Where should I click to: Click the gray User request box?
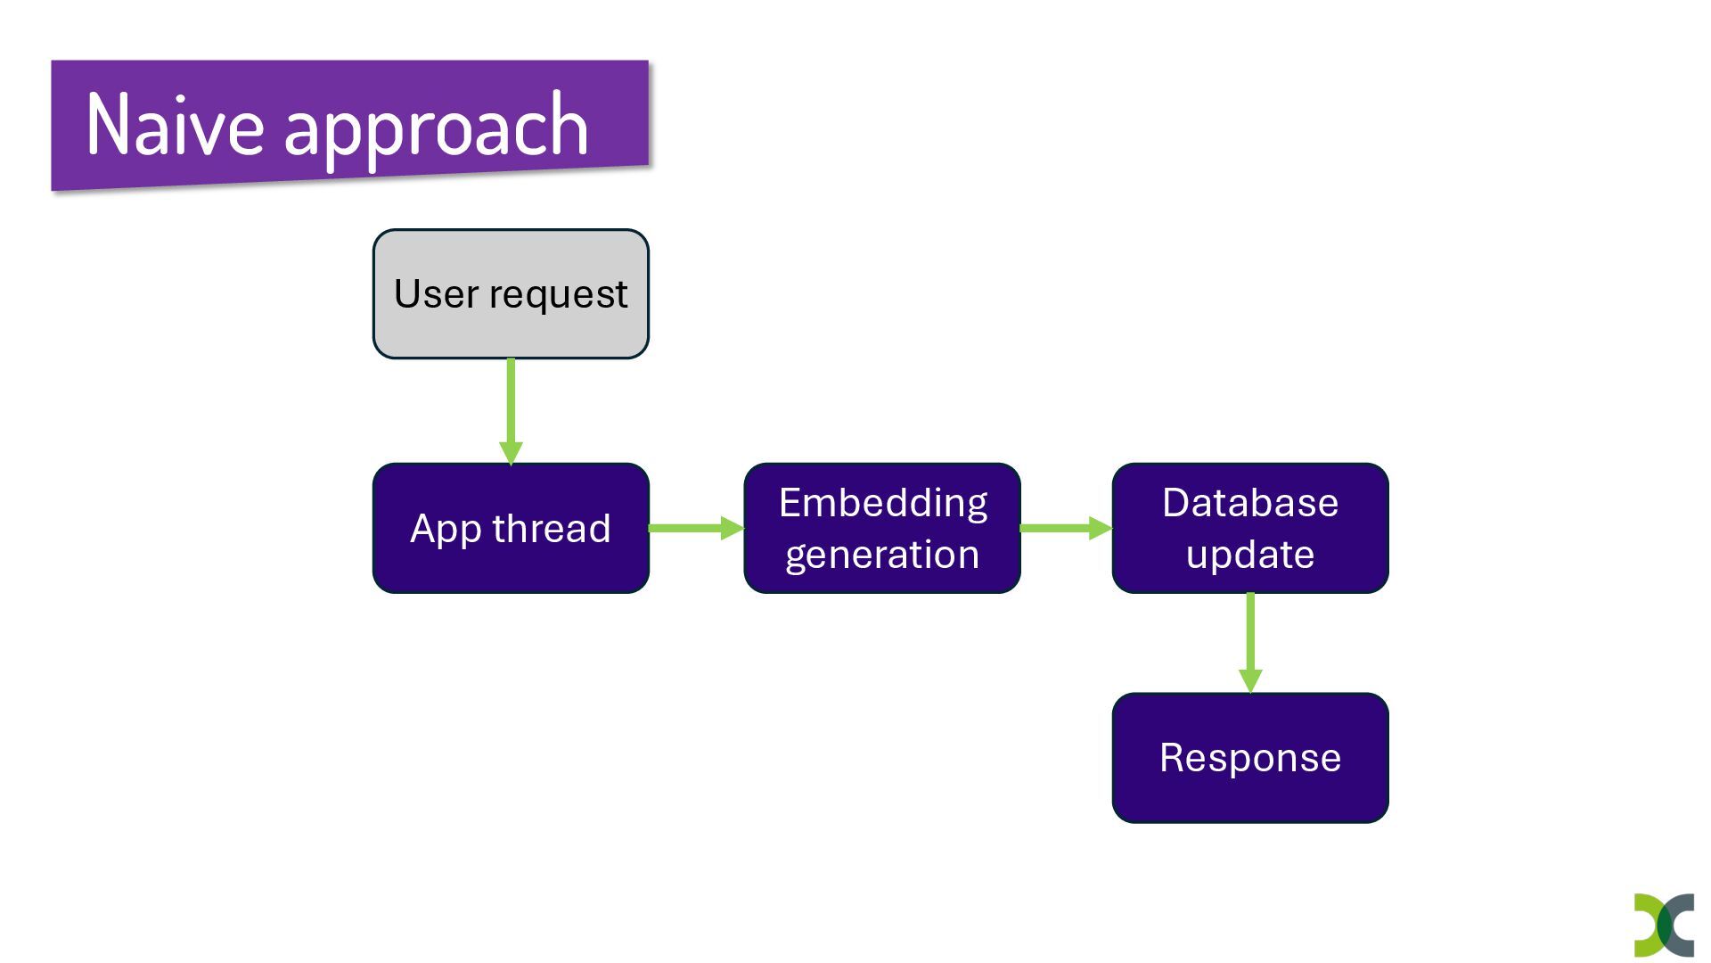point(511,294)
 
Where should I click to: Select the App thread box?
point(511,528)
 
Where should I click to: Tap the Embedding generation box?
point(882,528)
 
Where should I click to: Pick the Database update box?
point(1250,528)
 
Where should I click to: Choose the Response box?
point(1250,758)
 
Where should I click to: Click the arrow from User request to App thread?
point(511,412)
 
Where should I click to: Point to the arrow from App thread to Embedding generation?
point(697,528)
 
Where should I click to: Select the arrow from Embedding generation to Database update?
point(1067,528)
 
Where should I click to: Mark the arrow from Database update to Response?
point(1250,643)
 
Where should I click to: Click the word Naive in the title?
point(175,125)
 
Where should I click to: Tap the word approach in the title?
point(436,130)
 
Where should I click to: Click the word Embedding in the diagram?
point(883,504)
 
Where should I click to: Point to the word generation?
point(882,556)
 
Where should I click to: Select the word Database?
point(1250,503)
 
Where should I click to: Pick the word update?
point(1250,556)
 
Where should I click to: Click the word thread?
point(552,528)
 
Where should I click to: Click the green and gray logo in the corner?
point(1664,926)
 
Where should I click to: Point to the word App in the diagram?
point(446,530)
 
